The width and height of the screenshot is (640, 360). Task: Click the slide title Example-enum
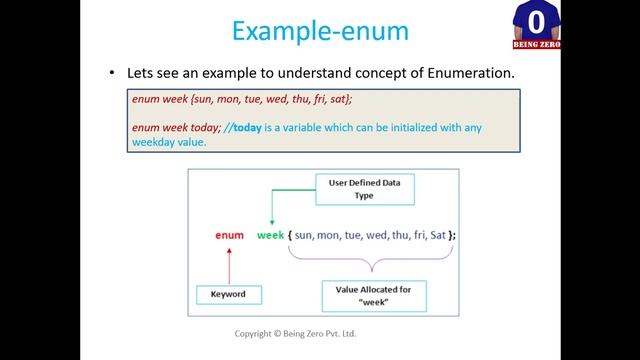coord(319,30)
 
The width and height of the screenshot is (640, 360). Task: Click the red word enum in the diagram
coord(230,235)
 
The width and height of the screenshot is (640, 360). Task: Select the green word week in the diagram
coord(271,235)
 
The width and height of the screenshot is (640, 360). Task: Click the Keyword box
coord(229,294)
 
